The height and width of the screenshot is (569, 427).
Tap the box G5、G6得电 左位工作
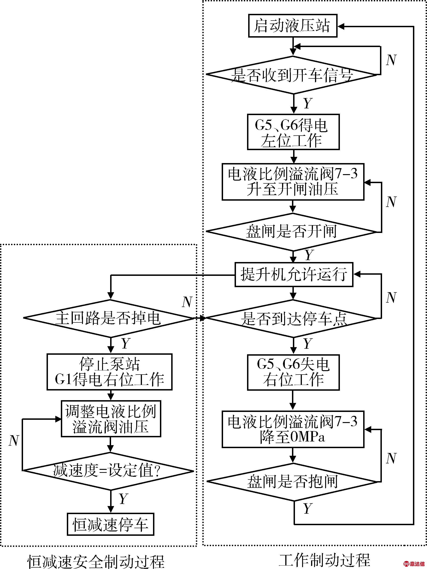[x=293, y=132]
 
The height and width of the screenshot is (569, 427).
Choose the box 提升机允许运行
[x=294, y=274]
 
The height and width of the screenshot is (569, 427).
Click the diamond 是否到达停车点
[x=293, y=319]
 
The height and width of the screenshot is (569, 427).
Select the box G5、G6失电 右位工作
[x=293, y=372]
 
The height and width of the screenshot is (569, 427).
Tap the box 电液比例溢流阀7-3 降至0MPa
[x=293, y=429]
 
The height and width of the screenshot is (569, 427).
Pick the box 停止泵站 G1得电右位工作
[x=109, y=372]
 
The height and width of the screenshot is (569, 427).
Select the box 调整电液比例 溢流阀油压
[x=111, y=419]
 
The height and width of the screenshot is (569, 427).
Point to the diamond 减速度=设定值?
[x=108, y=471]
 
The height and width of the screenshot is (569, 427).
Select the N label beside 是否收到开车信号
[x=391, y=60]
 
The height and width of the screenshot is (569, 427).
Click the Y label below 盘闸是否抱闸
[x=307, y=508]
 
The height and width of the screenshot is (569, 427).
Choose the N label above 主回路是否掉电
[x=187, y=302]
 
